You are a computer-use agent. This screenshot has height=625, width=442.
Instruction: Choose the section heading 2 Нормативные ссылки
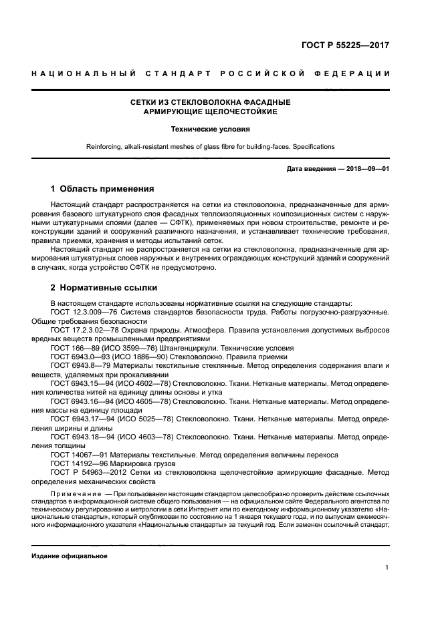104,288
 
